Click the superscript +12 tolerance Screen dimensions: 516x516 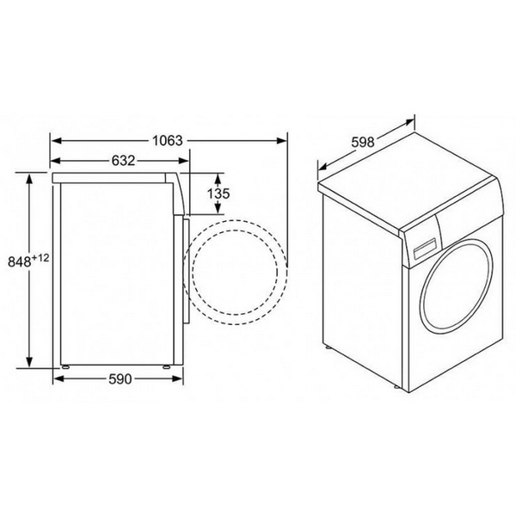coord(40,255)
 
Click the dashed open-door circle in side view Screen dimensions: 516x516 coord(236,268)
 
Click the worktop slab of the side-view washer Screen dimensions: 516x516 coord(116,176)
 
